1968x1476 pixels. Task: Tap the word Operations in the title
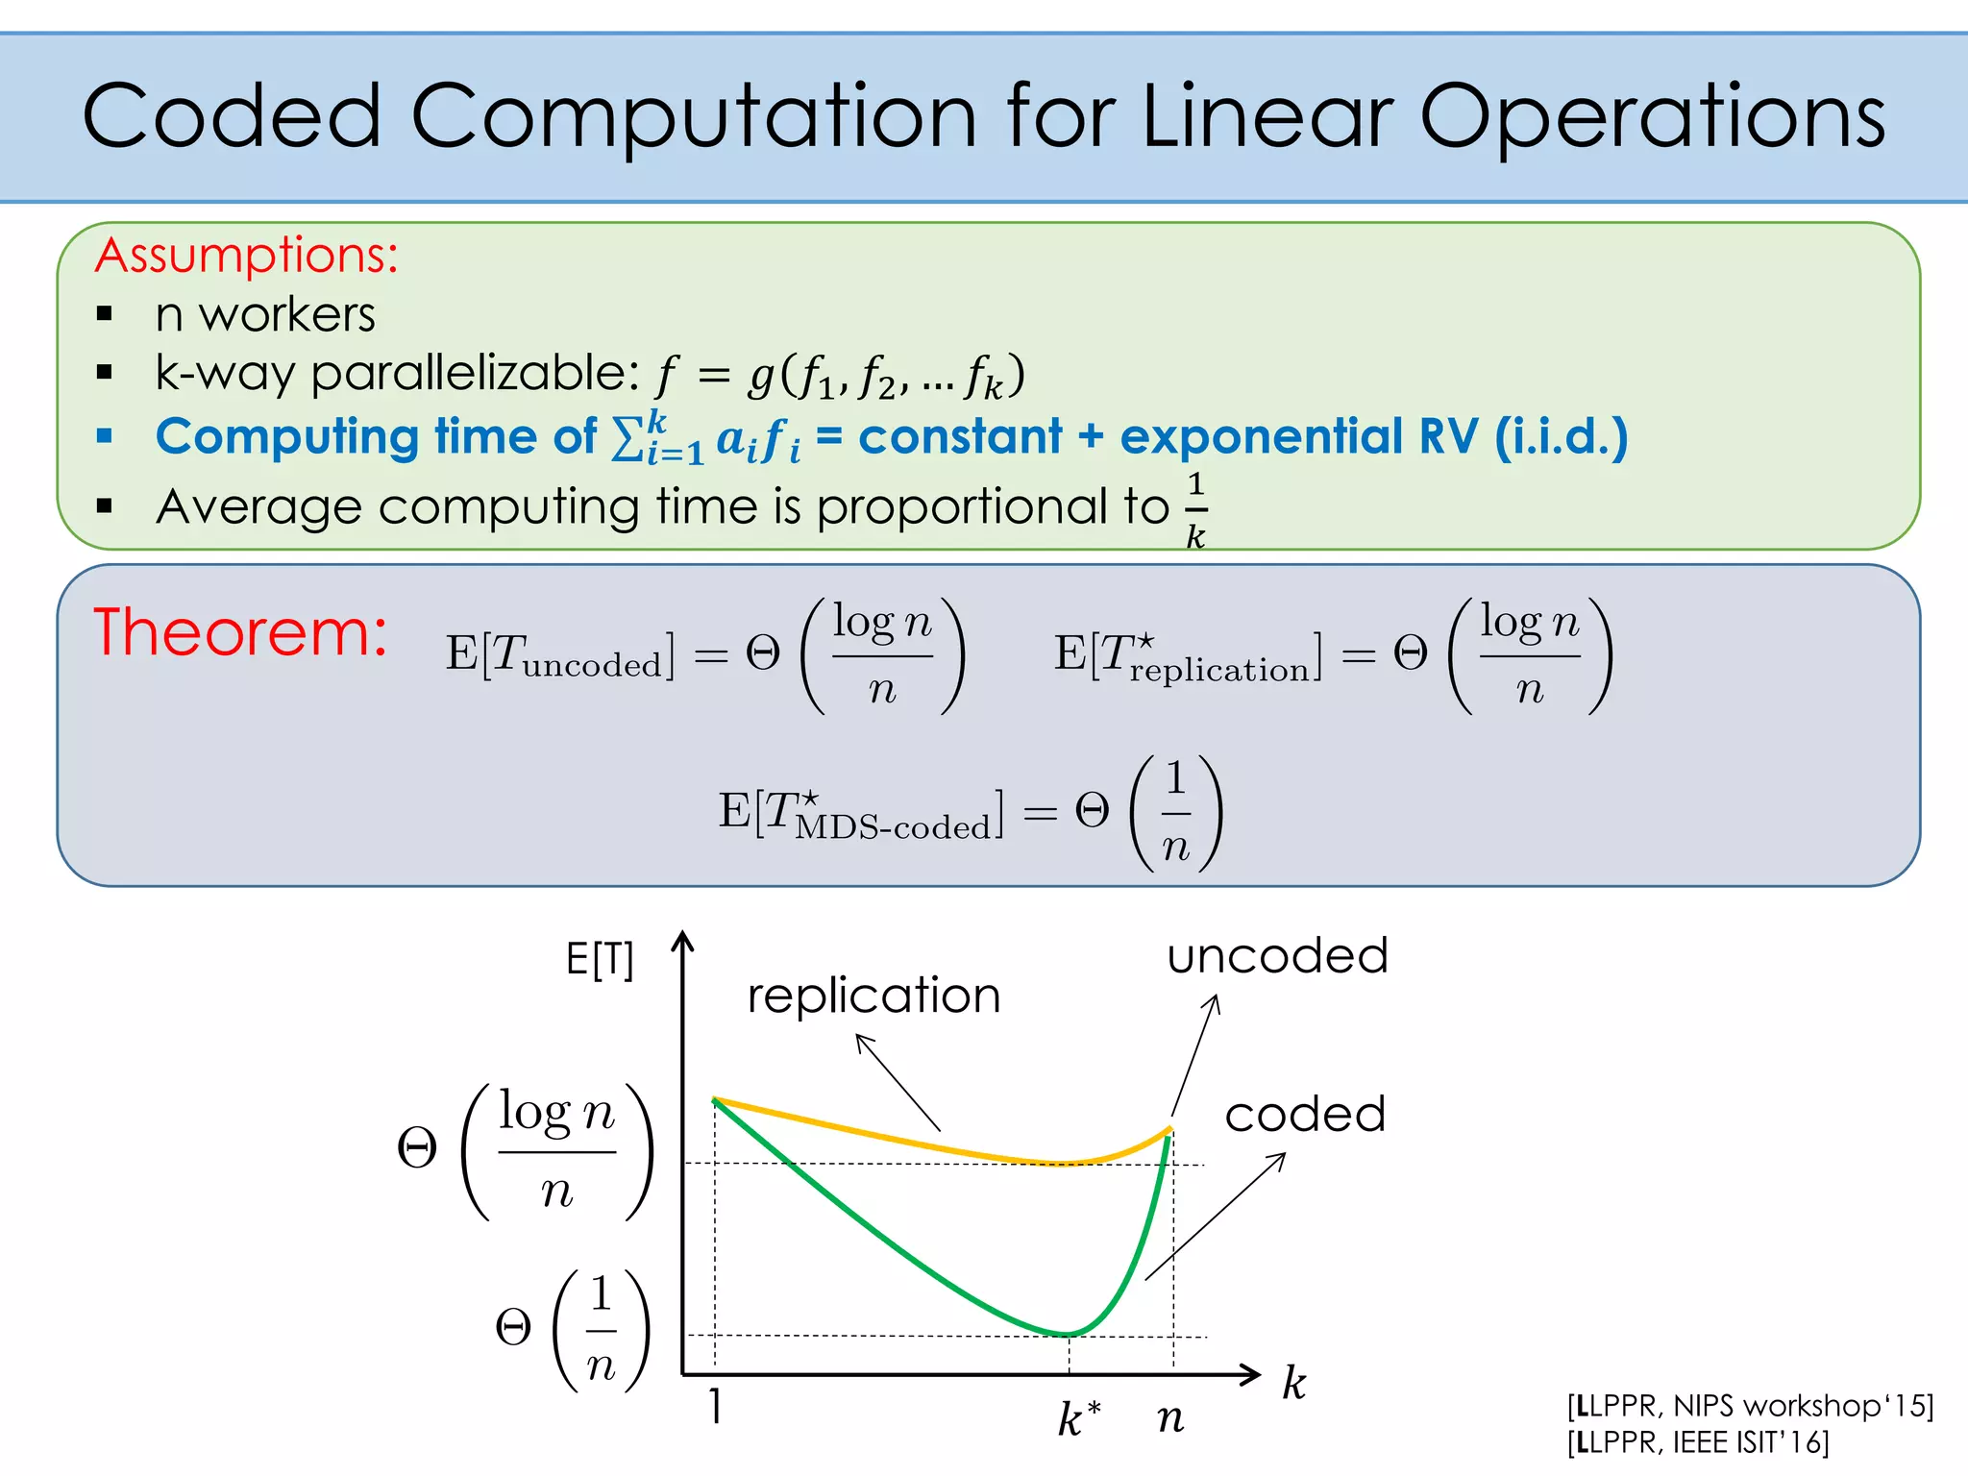1653,117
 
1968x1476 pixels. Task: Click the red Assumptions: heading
247,256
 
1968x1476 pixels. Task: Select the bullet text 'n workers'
265,315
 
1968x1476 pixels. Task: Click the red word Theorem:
240,632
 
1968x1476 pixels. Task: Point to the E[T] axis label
600,959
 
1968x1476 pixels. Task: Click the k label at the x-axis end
1294,1384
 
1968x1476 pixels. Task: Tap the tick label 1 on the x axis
715,1407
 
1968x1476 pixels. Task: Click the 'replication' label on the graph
873,996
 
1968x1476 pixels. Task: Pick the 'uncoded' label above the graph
1277,956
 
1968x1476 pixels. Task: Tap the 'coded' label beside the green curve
1305,1115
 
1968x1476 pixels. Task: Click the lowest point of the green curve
1069,1334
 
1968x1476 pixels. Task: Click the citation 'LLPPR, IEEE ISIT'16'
1698,1442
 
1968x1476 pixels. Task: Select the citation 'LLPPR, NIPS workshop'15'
1750,1406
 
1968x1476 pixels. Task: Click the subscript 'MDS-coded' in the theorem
892,827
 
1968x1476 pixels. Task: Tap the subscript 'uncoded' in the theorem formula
592,665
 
